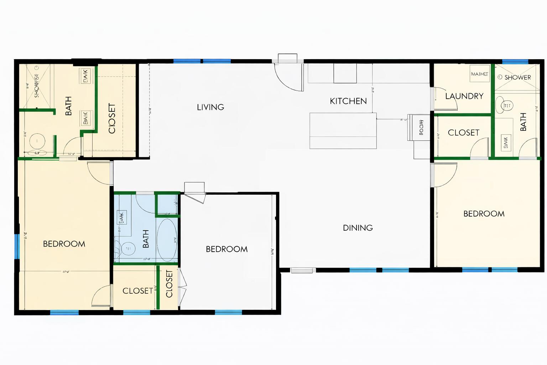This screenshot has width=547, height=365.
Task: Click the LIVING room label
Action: (x=210, y=107)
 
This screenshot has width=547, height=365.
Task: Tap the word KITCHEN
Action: (x=348, y=101)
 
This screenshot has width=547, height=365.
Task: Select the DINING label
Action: (x=358, y=228)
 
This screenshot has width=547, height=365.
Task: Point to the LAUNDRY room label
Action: (x=464, y=96)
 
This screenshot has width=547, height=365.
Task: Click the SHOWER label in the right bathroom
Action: (x=517, y=77)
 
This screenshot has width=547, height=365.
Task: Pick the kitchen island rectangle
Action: (x=343, y=130)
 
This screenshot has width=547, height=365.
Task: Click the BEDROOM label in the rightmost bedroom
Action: (x=484, y=214)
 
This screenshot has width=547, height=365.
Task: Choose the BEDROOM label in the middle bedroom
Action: (x=226, y=249)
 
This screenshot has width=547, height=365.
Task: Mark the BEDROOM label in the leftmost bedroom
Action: (x=64, y=244)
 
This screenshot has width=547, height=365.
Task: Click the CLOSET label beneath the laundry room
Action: (x=463, y=133)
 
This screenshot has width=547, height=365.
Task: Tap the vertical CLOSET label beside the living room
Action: (x=112, y=118)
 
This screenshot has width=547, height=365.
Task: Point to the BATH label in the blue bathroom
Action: (x=146, y=238)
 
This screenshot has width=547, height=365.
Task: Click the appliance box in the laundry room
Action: (x=479, y=74)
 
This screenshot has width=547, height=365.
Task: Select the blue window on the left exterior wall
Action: (x=16, y=246)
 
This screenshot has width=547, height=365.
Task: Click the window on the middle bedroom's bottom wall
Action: (x=228, y=312)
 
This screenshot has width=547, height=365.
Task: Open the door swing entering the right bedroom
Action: (x=444, y=175)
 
